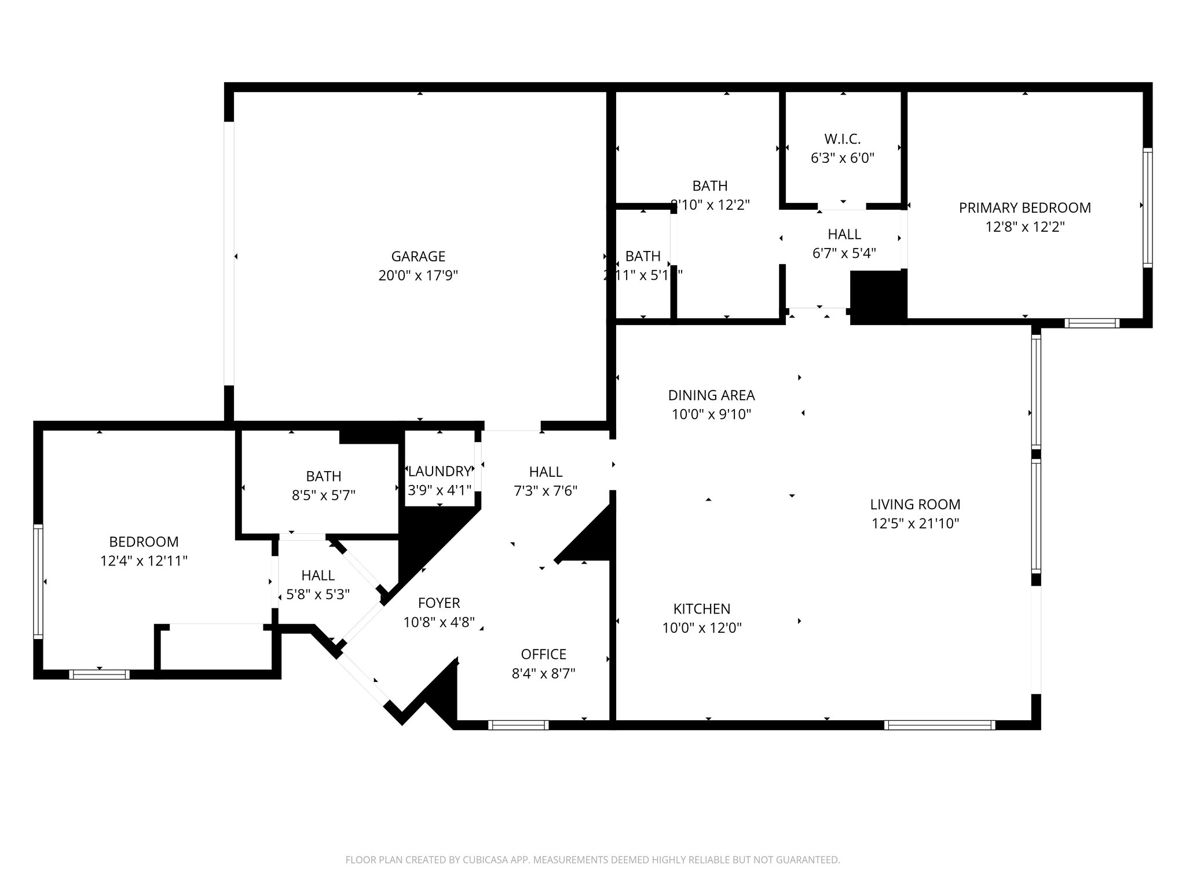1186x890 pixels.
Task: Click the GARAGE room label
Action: click(x=418, y=256)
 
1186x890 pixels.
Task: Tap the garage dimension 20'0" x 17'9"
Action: click(x=418, y=275)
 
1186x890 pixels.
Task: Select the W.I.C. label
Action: click(x=843, y=139)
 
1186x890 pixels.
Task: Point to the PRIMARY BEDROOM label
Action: click(x=1024, y=207)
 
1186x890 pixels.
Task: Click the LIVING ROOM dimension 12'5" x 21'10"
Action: click(x=915, y=523)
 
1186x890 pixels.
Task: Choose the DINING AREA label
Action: click(x=711, y=395)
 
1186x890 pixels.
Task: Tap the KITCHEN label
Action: click(x=702, y=609)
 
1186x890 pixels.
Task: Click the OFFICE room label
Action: click(x=543, y=654)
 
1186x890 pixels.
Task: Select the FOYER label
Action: click(x=439, y=603)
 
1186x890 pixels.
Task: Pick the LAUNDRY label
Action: click(x=440, y=471)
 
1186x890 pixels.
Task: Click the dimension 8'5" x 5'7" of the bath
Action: click(x=323, y=495)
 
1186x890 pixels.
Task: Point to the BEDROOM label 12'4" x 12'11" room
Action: click(x=144, y=542)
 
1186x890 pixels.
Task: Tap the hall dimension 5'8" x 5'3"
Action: click(x=318, y=594)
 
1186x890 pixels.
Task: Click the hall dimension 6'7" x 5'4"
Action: click(x=844, y=253)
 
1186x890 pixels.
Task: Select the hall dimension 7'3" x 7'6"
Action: click(x=546, y=491)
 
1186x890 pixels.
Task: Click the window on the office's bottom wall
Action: click(x=518, y=725)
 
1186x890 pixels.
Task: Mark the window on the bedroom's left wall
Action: click(x=38, y=581)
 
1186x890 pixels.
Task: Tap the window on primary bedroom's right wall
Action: click(x=1147, y=207)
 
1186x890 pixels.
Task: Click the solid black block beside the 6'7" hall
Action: click(x=877, y=295)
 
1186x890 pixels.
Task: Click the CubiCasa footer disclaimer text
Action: click(x=592, y=860)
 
